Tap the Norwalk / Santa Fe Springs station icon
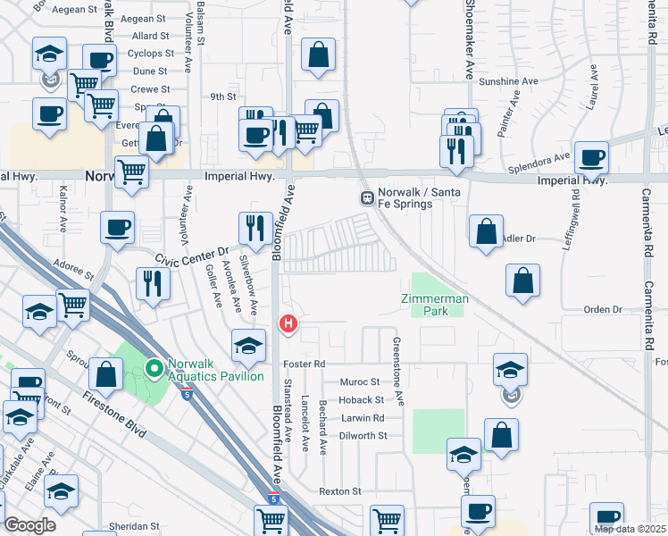coord(366,197)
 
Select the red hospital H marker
coord(288,322)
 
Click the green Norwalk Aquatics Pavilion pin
coord(154,365)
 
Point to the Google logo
coord(29,525)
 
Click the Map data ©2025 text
coord(630,529)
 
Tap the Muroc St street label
coord(361,382)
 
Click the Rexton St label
coord(340,491)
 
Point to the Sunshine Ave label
coord(508,81)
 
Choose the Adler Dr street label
coord(518,239)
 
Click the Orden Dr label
coord(602,309)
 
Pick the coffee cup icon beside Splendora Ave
coord(591,158)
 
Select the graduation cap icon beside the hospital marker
coord(248,345)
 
